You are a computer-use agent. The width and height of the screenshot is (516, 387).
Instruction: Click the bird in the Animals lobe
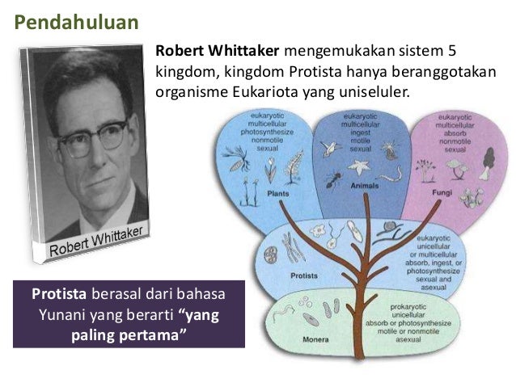(x=327, y=148)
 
